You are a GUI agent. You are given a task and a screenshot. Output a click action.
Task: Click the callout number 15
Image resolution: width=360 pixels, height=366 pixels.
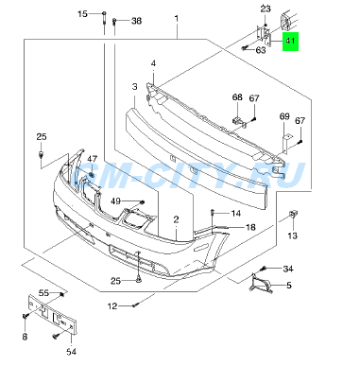[x=82, y=14]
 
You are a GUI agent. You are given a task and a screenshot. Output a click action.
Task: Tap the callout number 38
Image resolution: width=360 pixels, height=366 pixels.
[x=136, y=21]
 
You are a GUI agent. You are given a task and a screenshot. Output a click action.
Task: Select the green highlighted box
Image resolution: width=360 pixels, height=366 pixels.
[x=290, y=42]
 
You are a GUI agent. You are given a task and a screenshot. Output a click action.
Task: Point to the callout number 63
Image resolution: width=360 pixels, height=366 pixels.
[x=261, y=50]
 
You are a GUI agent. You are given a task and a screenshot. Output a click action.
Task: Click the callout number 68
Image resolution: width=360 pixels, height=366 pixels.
[x=238, y=97]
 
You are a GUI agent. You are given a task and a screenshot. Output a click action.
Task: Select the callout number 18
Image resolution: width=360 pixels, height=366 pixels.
[x=251, y=228]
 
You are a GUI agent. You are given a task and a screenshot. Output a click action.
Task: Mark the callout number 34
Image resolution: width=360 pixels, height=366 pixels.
[x=289, y=270]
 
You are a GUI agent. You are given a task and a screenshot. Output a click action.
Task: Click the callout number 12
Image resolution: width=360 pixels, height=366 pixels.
[x=111, y=305]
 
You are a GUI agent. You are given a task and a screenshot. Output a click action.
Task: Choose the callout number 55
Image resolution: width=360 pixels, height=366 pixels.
[x=43, y=293]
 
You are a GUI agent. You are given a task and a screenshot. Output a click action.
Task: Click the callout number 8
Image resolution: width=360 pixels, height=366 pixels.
[x=25, y=337]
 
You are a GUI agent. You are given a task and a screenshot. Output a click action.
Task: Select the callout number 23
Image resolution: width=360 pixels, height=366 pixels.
[x=266, y=9]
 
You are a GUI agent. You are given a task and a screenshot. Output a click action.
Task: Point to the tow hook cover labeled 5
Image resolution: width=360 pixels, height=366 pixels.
[x=262, y=284]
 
